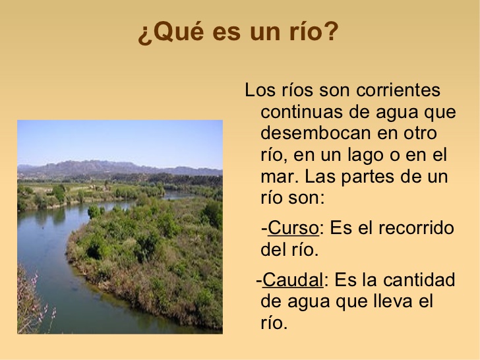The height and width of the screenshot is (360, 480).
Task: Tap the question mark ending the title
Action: click(x=331, y=32)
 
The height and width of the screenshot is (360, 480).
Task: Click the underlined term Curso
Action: click(x=293, y=228)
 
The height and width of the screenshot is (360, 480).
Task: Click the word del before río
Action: click(x=274, y=250)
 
